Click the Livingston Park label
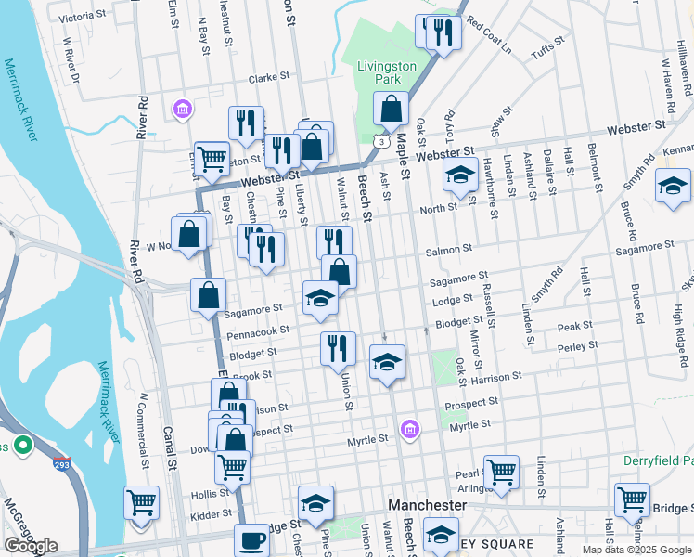(387, 73)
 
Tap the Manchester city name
(426, 504)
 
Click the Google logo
(31, 546)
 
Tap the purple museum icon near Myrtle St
(409, 429)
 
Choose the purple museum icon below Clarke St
(182, 110)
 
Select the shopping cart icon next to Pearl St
(501, 471)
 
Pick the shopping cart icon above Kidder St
(141, 503)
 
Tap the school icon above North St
(459, 175)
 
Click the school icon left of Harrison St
(387, 361)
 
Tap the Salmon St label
(449, 251)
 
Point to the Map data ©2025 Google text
(636, 550)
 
